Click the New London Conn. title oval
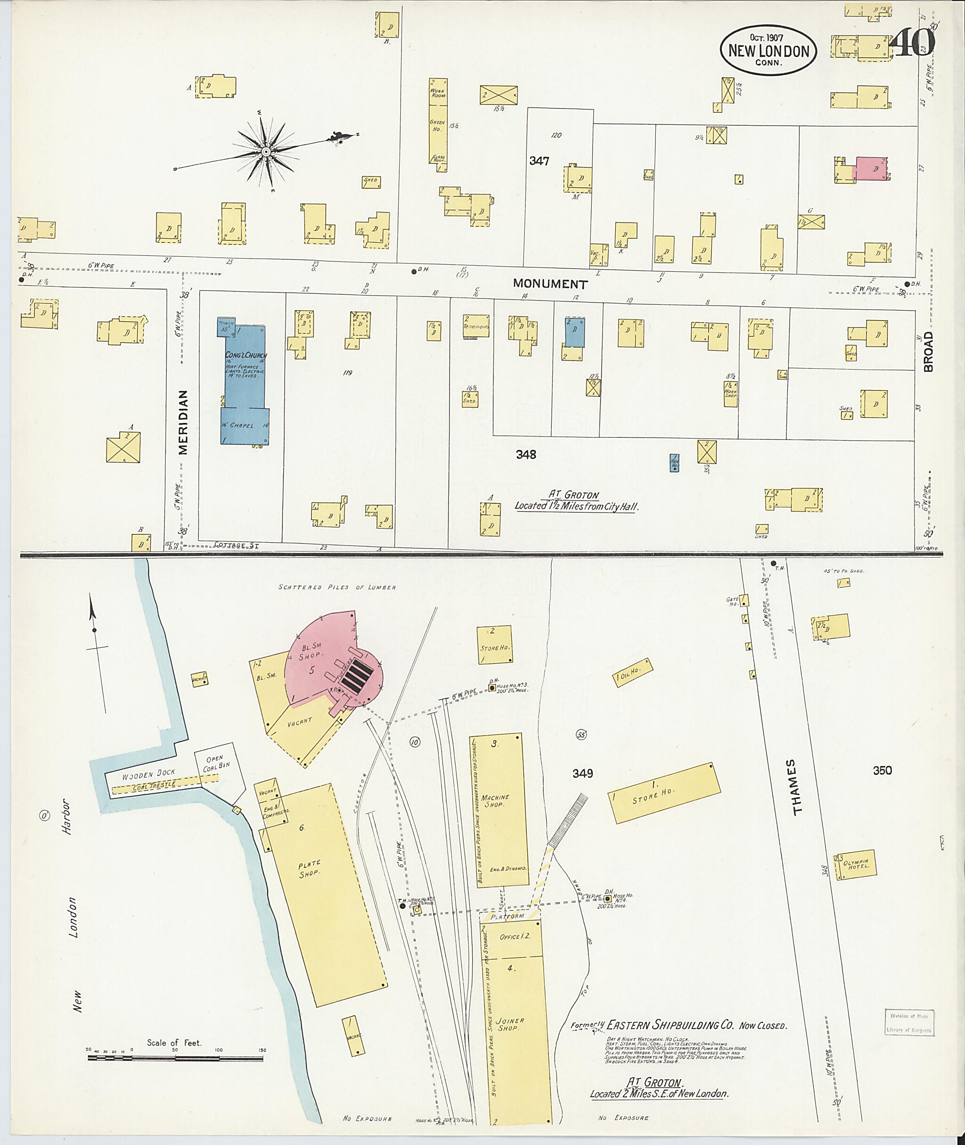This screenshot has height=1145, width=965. coord(768,50)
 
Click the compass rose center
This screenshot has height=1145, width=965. coord(265,150)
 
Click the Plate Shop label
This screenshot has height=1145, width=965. coord(310,869)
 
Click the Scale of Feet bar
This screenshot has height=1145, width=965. coord(175,1058)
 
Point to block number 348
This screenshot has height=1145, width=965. coord(525,454)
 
